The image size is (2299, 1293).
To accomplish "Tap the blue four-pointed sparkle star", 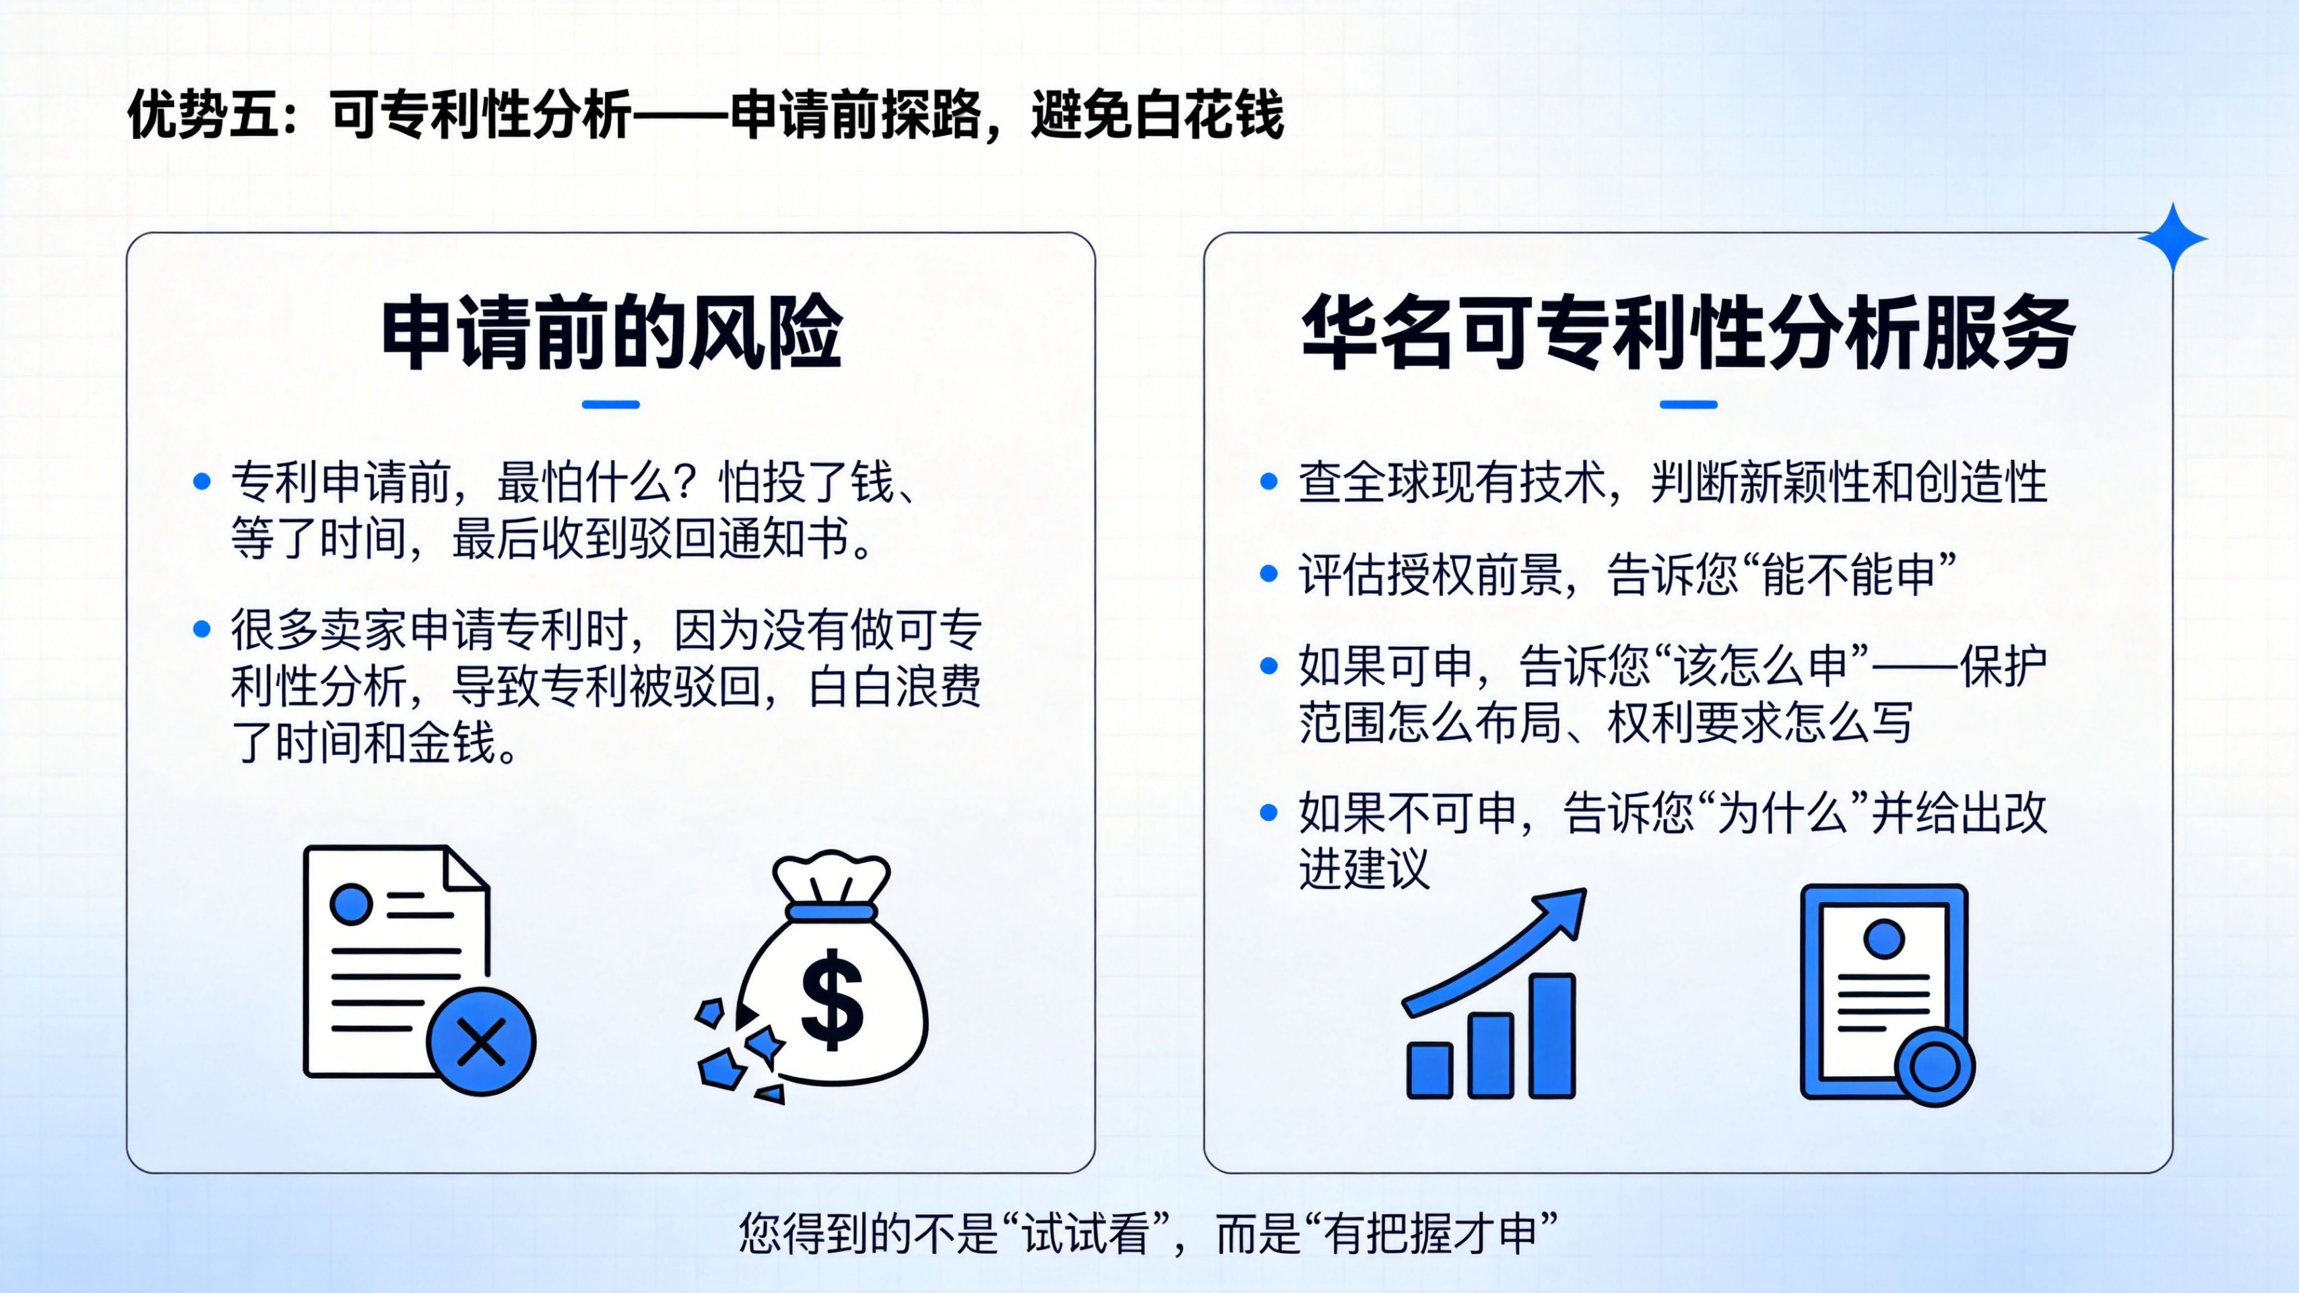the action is [x=2172, y=238].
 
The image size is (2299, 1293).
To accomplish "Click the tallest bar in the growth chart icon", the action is [x=1552, y=1035].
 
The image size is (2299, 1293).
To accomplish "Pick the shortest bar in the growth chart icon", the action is [x=1430, y=1070].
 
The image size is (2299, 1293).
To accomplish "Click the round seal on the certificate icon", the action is [x=1934, y=1067].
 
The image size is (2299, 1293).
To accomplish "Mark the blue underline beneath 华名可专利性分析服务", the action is [x=1689, y=404].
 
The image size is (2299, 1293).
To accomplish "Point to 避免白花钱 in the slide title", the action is [x=1157, y=115].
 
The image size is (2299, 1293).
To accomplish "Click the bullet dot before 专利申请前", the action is [x=201, y=482].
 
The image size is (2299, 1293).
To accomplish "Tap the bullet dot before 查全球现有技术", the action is [x=1269, y=482].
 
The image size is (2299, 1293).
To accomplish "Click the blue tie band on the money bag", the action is [x=831, y=911].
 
